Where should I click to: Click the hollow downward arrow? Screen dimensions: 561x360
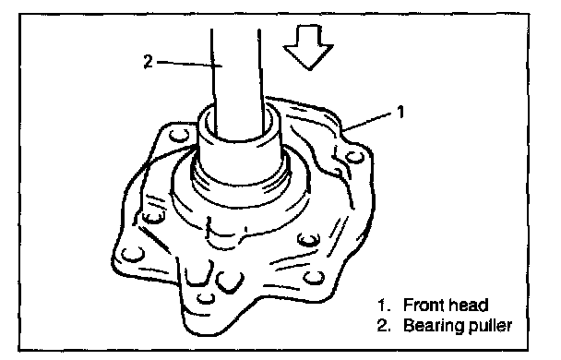[309, 46]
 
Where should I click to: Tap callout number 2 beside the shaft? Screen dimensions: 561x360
[149, 62]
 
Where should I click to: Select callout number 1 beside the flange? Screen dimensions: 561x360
[400, 112]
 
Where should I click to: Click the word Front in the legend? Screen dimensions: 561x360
[424, 306]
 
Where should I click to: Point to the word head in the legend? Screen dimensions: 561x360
[469, 306]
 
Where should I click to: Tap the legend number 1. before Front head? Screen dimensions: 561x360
[384, 306]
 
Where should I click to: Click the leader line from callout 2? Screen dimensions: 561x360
[190, 64]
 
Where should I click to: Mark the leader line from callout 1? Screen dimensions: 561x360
[367, 121]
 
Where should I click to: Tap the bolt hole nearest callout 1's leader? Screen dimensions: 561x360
[354, 157]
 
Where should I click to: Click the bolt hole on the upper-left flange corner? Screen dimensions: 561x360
[179, 136]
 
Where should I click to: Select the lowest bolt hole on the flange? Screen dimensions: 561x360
[206, 298]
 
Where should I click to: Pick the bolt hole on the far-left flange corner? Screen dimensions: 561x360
[133, 255]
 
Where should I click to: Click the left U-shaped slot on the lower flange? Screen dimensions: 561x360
[197, 274]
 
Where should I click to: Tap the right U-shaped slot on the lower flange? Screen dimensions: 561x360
[230, 282]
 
